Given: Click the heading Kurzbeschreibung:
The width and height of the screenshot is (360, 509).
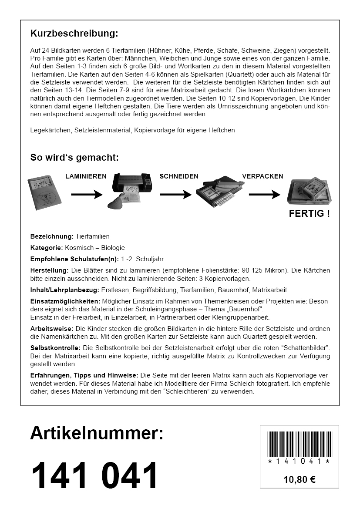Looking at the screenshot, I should [74, 34].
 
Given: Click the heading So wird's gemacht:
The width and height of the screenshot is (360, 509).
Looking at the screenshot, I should [74, 157].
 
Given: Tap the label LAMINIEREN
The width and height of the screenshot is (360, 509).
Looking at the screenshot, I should [86, 176].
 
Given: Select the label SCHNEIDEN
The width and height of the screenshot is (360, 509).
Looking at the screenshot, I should [179, 176].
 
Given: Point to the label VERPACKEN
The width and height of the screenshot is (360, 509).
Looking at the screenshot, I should [262, 176].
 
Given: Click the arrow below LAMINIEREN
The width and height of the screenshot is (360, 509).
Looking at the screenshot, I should [86, 195].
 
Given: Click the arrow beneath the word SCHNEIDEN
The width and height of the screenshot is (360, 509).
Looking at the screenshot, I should [176, 195].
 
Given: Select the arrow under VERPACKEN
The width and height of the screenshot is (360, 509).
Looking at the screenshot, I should [264, 195].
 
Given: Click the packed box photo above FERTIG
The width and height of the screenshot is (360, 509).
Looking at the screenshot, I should [309, 192].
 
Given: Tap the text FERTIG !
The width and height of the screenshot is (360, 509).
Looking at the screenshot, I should [309, 214].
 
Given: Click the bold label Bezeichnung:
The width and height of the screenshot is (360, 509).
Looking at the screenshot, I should [52, 236].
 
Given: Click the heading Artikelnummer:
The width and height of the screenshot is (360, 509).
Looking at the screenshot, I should [97, 434].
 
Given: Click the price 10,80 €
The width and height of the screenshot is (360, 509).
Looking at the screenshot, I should [299, 480].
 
